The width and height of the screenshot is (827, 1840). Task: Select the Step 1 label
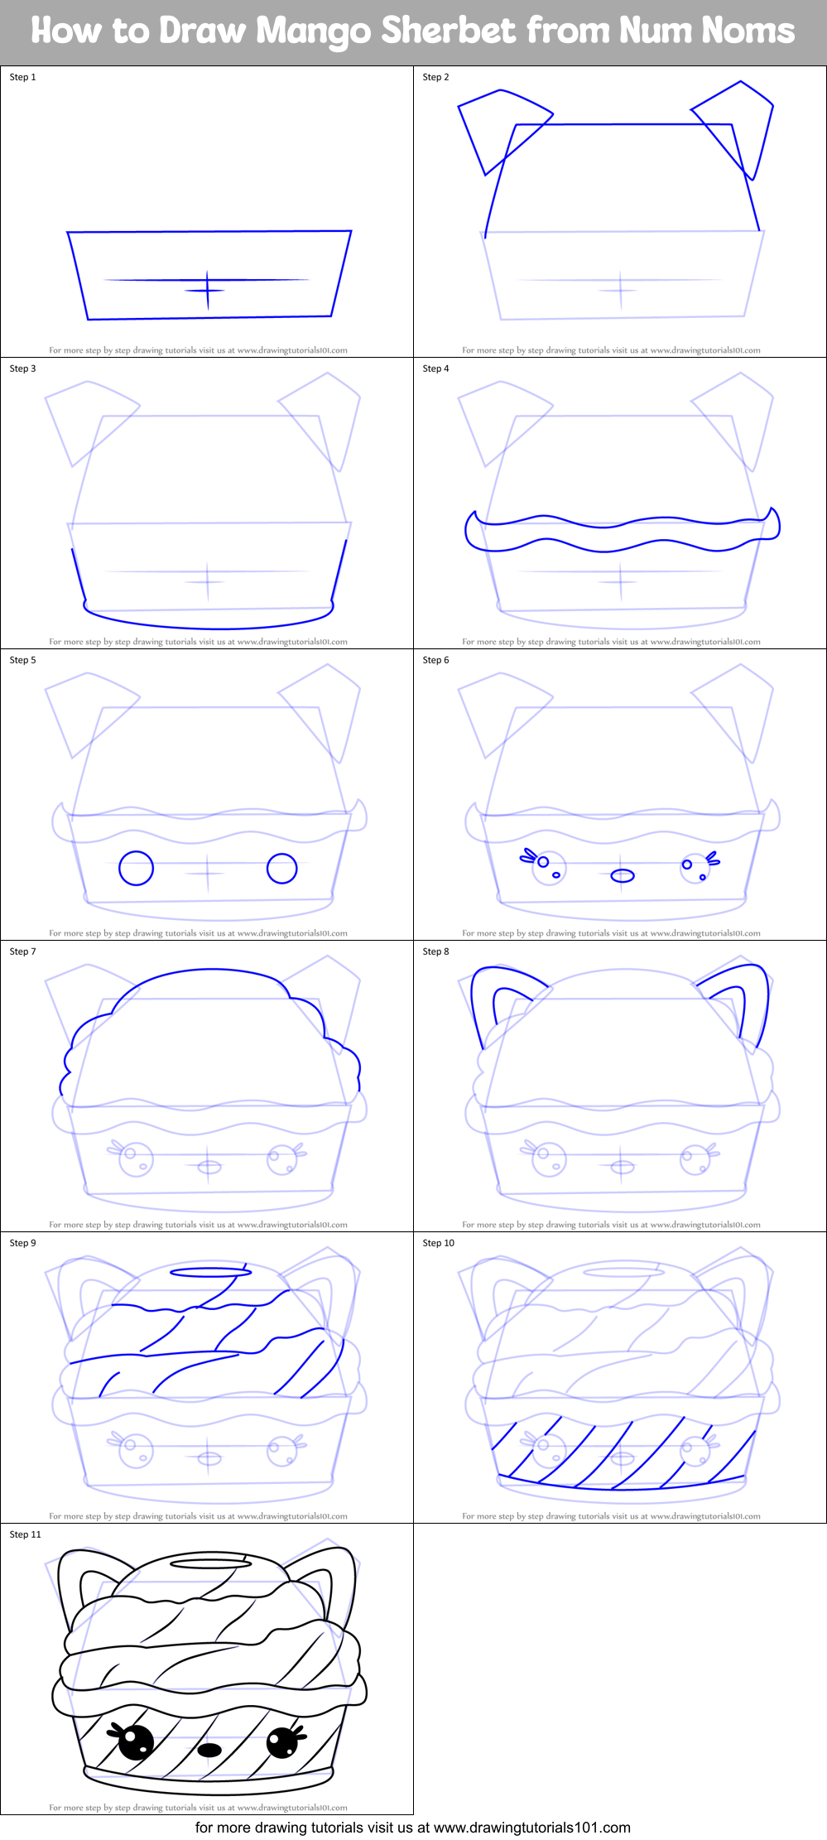[23, 77]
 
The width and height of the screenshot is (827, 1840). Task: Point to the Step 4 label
[435, 368]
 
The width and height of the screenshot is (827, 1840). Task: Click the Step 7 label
[23, 951]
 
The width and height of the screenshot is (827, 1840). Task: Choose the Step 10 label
[438, 1243]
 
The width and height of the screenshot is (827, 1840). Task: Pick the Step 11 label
[25, 1534]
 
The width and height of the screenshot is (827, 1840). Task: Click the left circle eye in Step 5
[137, 869]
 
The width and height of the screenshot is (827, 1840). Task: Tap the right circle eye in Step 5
[282, 869]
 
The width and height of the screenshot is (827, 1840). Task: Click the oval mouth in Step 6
[623, 875]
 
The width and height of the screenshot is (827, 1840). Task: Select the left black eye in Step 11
[135, 1743]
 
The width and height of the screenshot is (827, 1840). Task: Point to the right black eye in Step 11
[282, 1742]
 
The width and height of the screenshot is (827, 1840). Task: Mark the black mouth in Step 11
[209, 1750]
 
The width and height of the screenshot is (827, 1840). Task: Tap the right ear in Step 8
[739, 994]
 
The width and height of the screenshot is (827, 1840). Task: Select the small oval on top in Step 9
[209, 1272]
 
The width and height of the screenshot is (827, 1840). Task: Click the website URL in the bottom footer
[531, 1828]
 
